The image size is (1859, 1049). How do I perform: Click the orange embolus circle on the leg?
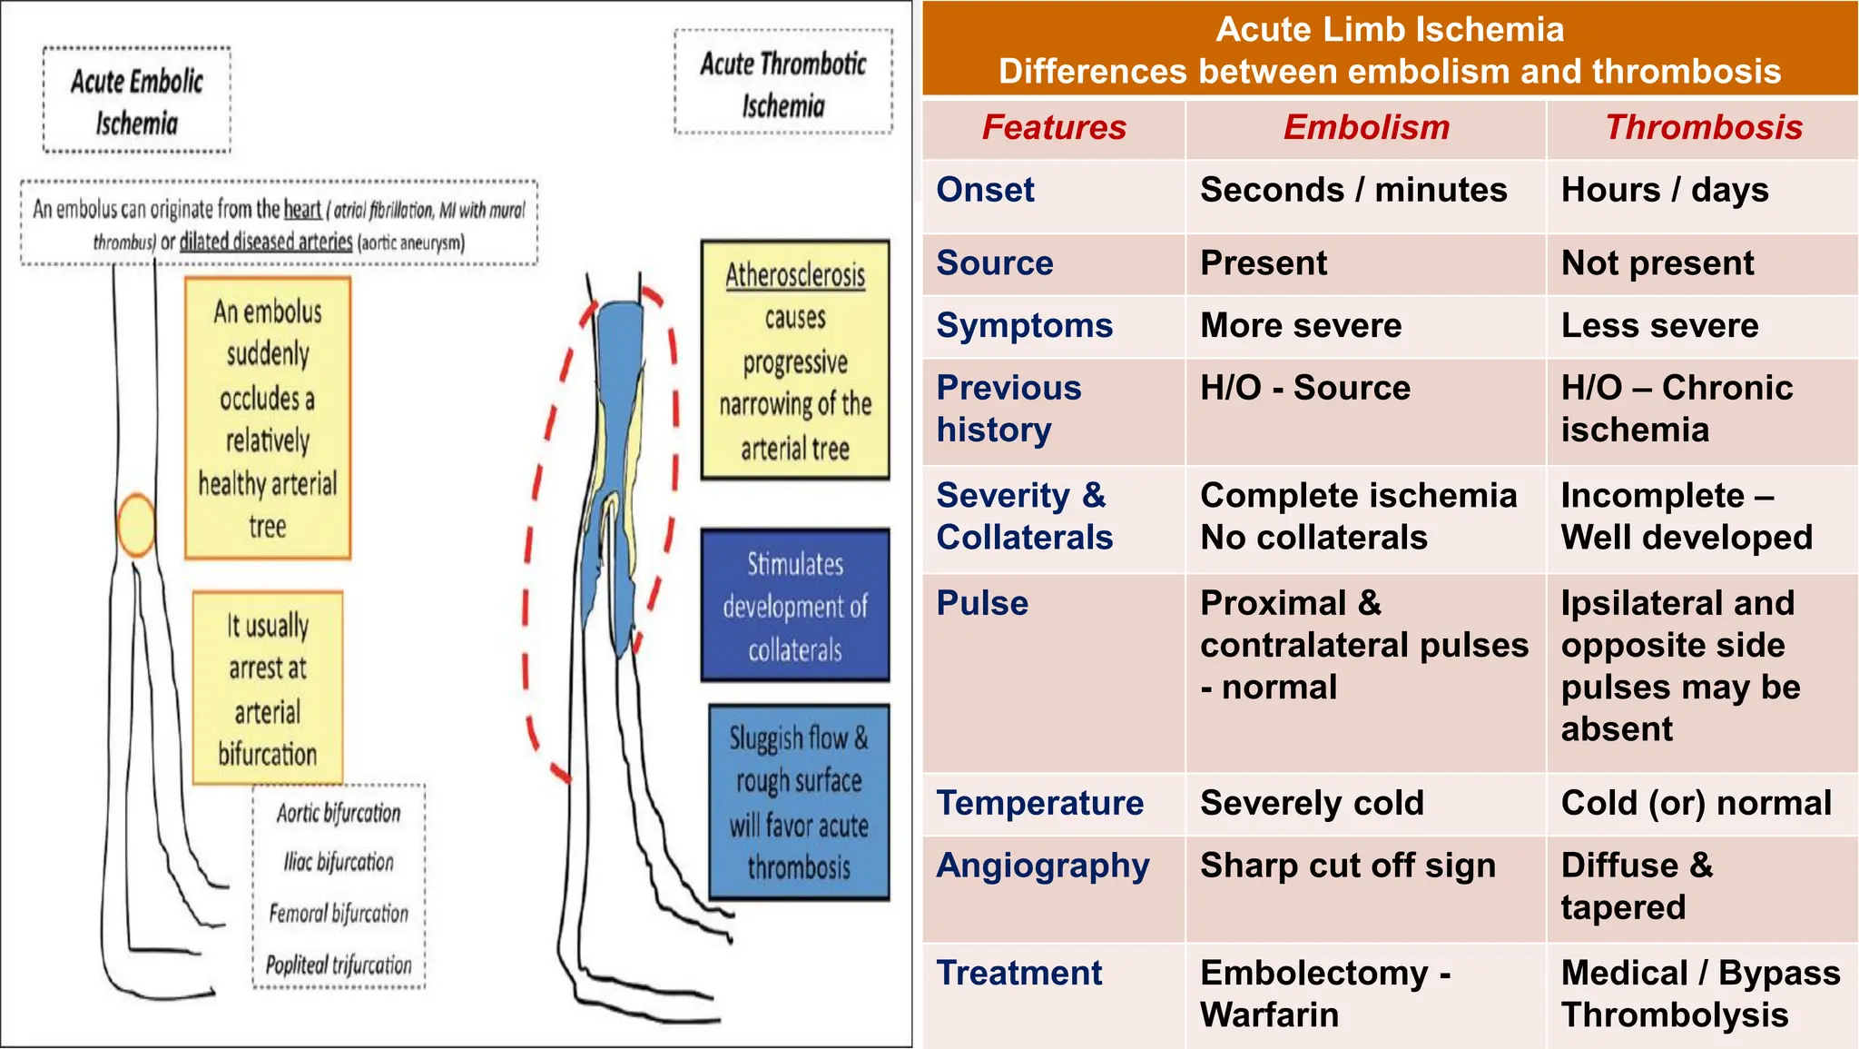pos(136,525)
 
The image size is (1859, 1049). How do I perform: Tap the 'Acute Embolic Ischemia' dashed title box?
pos(137,101)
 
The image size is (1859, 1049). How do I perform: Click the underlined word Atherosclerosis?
pos(795,275)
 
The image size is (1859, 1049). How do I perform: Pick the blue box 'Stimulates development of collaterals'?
pos(795,606)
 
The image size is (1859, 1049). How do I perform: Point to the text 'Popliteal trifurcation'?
pos(339,965)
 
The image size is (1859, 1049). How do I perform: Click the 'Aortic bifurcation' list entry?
pos(339,813)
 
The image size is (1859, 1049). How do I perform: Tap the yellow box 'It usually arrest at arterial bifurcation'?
pos(268,688)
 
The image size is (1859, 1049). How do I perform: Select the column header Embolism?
pos(1366,127)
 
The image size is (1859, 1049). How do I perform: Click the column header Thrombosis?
pos(1704,127)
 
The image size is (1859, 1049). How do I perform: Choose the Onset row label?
pos(986,190)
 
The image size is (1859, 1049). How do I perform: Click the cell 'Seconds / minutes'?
pos(1353,190)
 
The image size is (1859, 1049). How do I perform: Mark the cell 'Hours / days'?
pos(1665,190)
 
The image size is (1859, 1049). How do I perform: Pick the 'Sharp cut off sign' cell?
pos(1348,866)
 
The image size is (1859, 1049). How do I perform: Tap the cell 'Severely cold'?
pos(1312,803)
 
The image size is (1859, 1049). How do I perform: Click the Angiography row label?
pos(1043,866)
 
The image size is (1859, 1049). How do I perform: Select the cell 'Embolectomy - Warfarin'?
pos(1325,994)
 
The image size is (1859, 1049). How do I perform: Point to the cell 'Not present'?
pos(1657,263)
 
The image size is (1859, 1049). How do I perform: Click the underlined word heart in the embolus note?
pos(302,210)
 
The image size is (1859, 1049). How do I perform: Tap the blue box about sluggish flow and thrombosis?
pos(799,802)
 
